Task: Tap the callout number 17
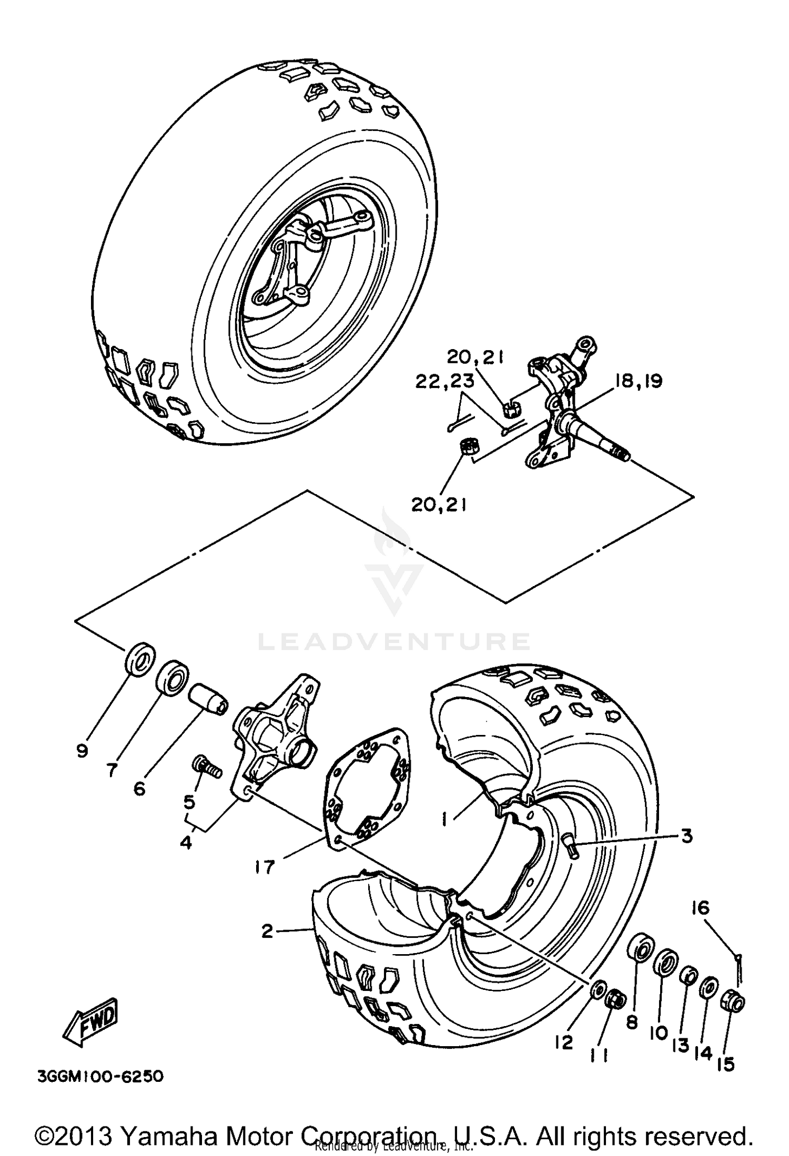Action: (265, 867)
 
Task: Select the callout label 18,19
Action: (638, 381)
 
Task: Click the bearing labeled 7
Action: (173, 679)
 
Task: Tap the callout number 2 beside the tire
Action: (267, 932)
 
